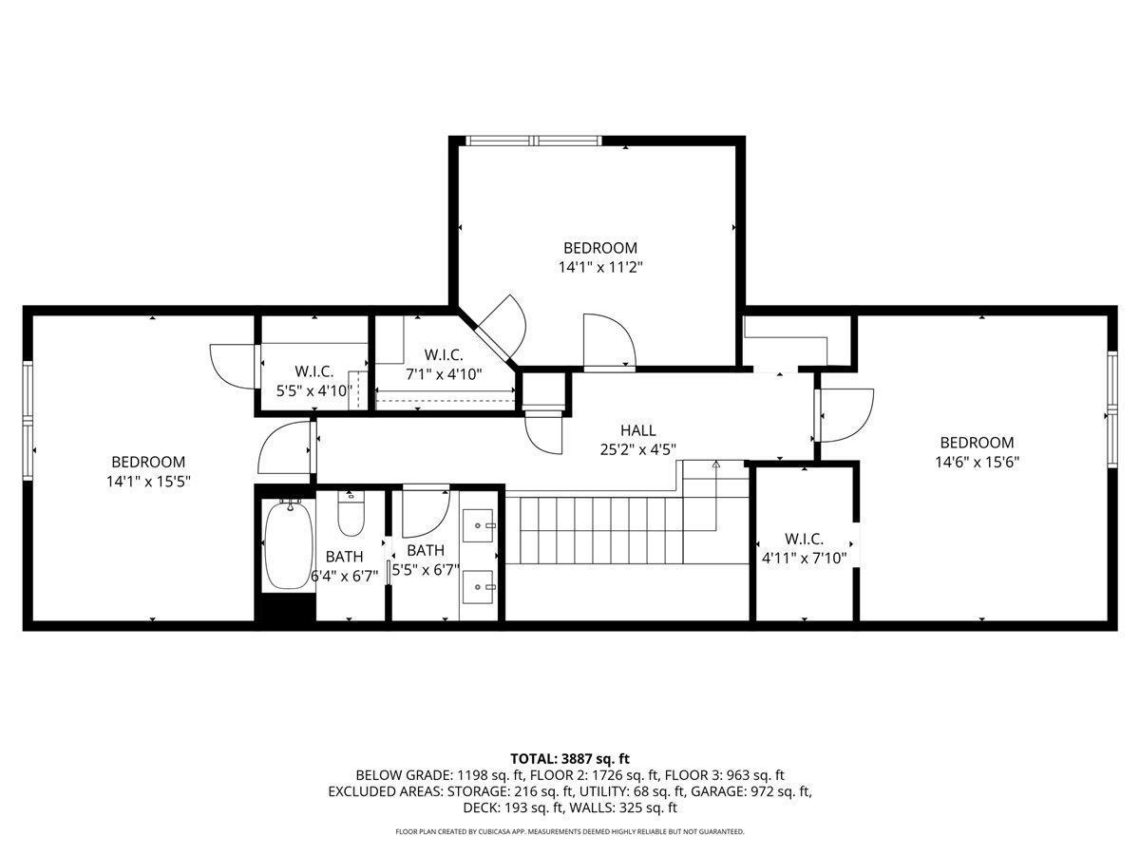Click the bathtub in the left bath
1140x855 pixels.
click(x=289, y=544)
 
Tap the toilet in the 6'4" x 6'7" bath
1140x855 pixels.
click(x=351, y=514)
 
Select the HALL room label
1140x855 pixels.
click(x=637, y=430)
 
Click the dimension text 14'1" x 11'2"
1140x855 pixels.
click(x=600, y=267)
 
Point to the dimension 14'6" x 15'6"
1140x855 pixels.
click(x=977, y=462)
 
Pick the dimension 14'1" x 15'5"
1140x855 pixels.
click(x=148, y=482)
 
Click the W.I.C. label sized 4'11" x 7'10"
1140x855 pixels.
click(x=804, y=539)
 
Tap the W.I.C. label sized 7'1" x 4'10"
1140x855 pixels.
click(x=444, y=355)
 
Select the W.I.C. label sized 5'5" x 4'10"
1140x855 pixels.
click(x=314, y=371)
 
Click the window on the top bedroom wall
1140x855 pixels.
click(x=533, y=141)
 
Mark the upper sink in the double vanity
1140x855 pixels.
click(x=478, y=525)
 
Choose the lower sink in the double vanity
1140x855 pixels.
click(x=478, y=586)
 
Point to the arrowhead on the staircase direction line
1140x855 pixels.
click(x=715, y=465)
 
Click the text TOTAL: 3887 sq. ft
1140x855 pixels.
click(x=570, y=759)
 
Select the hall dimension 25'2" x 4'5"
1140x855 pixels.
click(x=637, y=449)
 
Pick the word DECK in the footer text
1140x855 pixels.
click(x=477, y=808)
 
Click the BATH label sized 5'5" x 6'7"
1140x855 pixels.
click(x=426, y=550)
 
